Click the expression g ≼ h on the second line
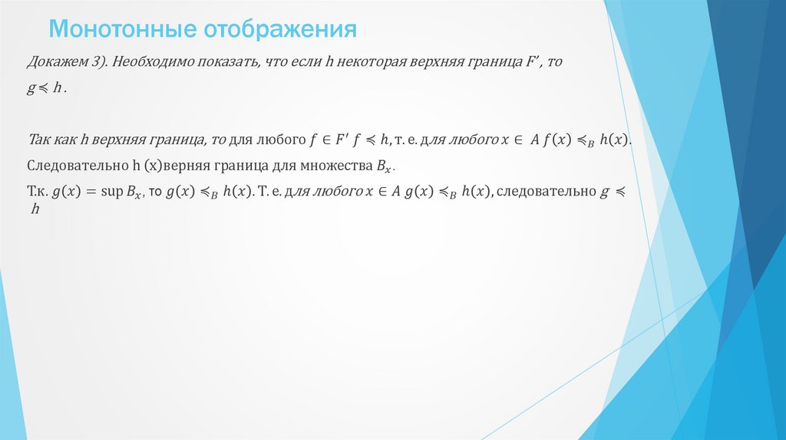(47, 88)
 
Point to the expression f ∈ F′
(331, 140)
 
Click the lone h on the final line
(35, 209)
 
